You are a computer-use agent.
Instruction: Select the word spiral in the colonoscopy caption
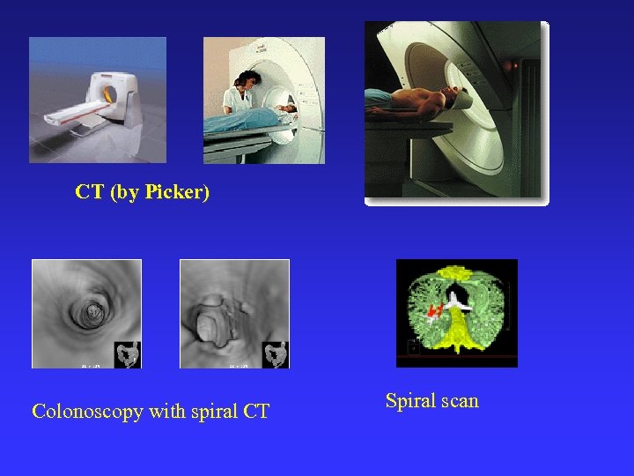tap(210, 411)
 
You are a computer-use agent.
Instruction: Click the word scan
tap(461, 401)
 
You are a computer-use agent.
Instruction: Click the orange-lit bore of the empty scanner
tap(110, 92)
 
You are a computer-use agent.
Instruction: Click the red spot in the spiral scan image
tap(433, 310)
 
